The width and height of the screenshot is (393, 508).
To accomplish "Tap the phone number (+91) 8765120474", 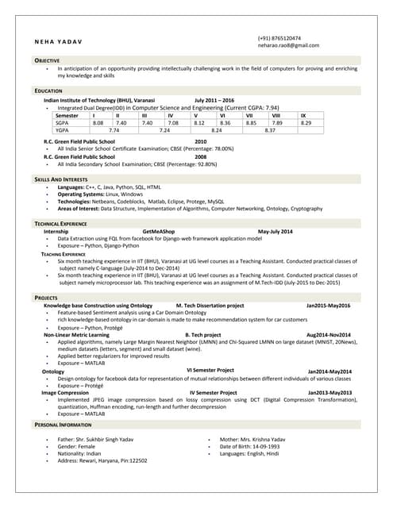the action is [x=279, y=37].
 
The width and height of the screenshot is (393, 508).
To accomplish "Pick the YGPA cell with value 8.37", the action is [x=270, y=130].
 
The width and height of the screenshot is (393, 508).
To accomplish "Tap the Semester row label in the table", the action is [x=67, y=116].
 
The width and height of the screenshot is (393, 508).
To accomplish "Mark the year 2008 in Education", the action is [x=201, y=157].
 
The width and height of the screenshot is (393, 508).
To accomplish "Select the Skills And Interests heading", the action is [x=61, y=180].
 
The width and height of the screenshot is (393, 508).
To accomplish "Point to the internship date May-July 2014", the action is [x=275, y=231].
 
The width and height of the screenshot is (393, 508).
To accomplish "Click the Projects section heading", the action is [x=46, y=297].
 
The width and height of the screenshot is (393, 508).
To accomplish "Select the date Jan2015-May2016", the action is [x=329, y=305].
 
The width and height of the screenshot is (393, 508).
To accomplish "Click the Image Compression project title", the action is [x=65, y=393].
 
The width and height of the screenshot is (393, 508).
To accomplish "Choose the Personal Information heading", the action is [x=63, y=425].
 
